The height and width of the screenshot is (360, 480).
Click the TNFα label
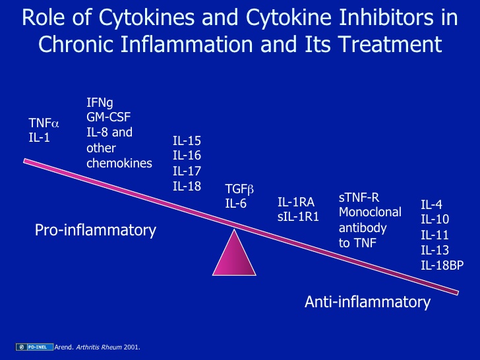pyautogui.click(x=44, y=123)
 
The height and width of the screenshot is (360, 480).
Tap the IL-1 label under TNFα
pyautogui.click(x=39, y=138)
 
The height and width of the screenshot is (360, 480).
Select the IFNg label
pyautogui.click(x=100, y=103)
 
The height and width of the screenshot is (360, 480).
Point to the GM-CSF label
pyautogui.click(x=109, y=117)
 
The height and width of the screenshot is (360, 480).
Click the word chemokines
pyautogui.click(x=119, y=163)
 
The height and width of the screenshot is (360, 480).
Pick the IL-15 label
pyautogui.click(x=187, y=141)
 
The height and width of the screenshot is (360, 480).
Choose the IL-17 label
pyautogui.click(x=187, y=171)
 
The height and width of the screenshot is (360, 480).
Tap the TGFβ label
pyautogui.click(x=239, y=189)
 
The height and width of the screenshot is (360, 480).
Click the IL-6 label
pyautogui.click(x=236, y=204)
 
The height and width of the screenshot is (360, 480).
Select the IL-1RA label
pyautogui.click(x=296, y=202)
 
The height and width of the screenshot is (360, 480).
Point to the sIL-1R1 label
pyautogui.click(x=298, y=217)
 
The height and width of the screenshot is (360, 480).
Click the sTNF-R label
pyautogui.click(x=359, y=198)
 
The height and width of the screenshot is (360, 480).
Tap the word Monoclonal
pyautogui.click(x=370, y=212)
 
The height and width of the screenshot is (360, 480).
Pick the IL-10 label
pyautogui.click(x=435, y=219)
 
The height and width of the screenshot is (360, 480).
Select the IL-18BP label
pyautogui.click(x=442, y=265)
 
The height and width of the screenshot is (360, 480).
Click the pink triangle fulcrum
pyautogui.click(x=234, y=257)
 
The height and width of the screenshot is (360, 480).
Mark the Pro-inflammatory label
pyautogui.click(x=96, y=230)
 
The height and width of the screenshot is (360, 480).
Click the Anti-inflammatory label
pyautogui.click(x=368, y=302)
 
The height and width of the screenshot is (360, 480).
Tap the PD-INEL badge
pyautogui.click(x=34, y=347)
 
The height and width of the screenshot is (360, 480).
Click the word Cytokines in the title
pyautogui.click(x=146, y=17)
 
